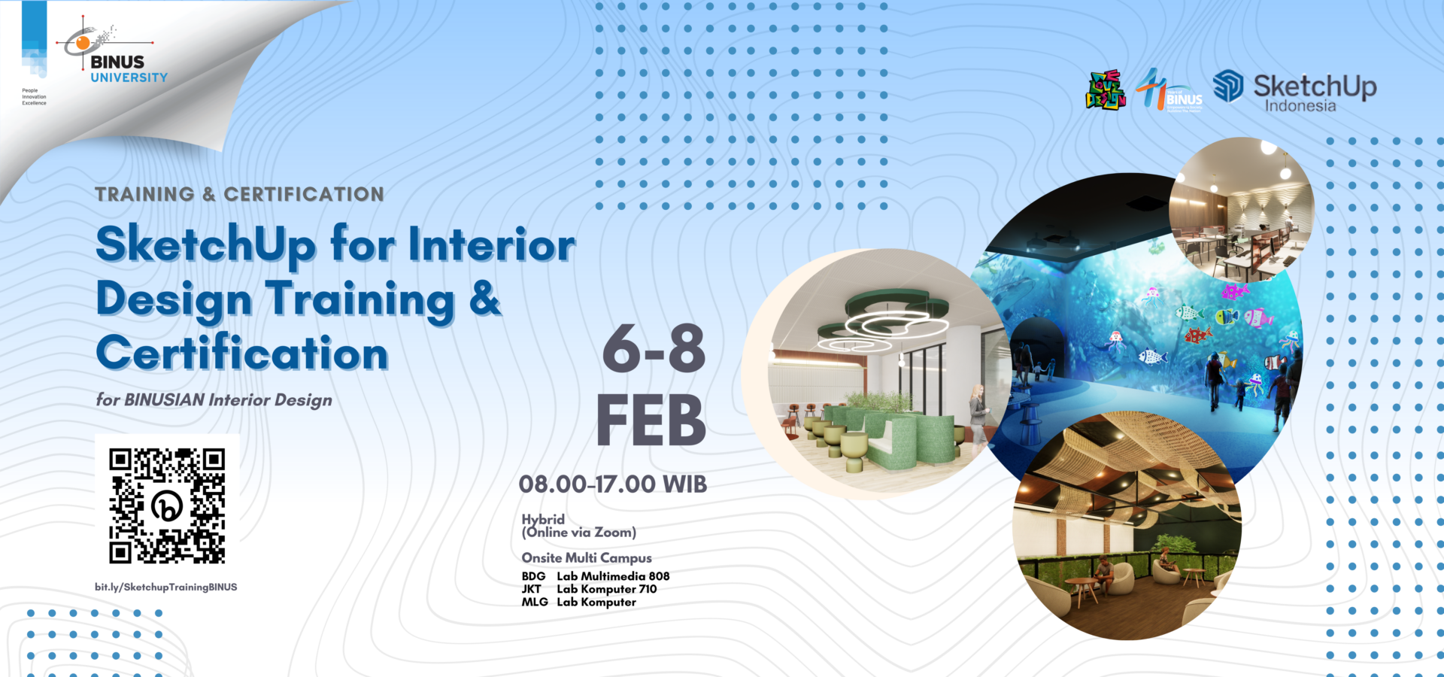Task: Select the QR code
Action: [167, 505]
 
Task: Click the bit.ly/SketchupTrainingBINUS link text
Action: [165, 587]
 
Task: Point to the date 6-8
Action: [654, 349]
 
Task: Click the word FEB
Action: [651, 420]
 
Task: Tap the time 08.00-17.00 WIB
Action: [612, 484]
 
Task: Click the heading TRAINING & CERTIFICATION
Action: [239, 194]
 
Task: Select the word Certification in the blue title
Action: [242, 354]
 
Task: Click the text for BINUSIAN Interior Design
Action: [214, 400]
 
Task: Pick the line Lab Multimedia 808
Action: [613, 576]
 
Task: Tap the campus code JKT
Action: [532, 589]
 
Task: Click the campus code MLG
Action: [535, 602]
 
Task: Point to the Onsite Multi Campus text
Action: [587, 557]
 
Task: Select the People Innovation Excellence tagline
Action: [34, 97]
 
